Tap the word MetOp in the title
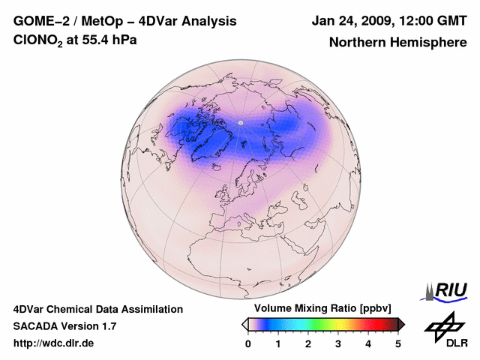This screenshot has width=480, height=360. pos(102,22)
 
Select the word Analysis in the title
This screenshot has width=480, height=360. pos(208,22)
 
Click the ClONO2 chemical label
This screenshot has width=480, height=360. pos(38,40)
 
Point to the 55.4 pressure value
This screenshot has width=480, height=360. pos(95,40)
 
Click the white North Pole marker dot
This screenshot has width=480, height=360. pos(241,123)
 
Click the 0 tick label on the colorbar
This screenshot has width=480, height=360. pos(248,344)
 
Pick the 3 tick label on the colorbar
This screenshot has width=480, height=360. pos(338,344)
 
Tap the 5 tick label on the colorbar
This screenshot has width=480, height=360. pos(397,344)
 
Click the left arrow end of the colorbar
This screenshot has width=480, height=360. pos(245,325)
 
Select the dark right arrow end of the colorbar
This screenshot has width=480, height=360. pos(401,325)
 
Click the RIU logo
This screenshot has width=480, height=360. pos(445,292)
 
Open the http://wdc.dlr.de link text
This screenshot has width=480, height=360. pos(53,343)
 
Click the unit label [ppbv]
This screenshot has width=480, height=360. pos(375,308)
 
